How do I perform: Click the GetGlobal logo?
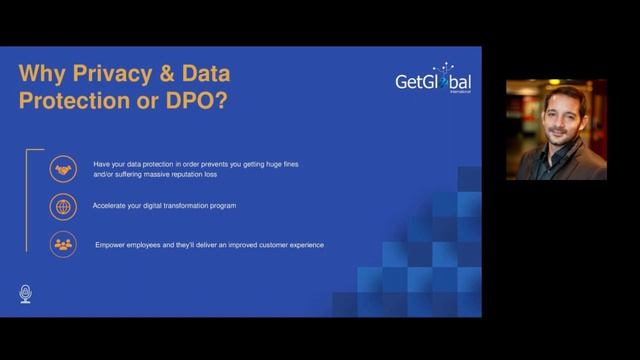click(433, 80)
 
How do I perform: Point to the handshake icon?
click(64, 169)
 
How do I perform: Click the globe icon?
click(64, 207)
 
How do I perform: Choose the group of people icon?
click(64, 244)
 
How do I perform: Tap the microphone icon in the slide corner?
click(26, 293)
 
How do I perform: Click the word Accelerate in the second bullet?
click(112, 206)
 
